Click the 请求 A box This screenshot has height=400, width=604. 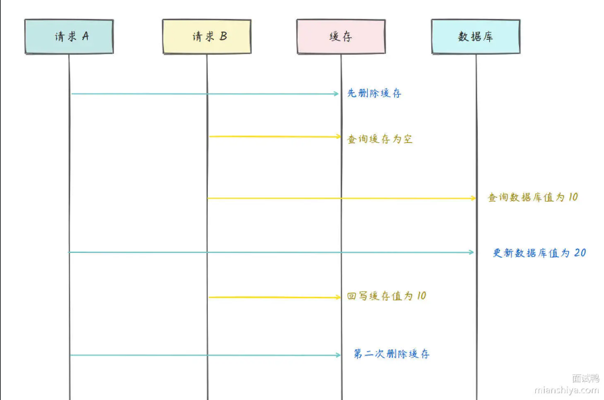69,36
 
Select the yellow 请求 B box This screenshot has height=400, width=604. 207,36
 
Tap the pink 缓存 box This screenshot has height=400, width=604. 341,36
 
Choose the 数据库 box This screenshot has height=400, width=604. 476,36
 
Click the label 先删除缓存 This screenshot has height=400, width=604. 375,94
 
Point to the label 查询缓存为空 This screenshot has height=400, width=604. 380,140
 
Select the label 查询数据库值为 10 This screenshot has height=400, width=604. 532,198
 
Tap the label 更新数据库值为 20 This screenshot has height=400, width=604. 539,253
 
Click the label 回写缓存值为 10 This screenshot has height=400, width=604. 387,296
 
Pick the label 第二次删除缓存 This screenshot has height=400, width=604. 391,354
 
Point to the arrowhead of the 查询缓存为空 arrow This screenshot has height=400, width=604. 339,137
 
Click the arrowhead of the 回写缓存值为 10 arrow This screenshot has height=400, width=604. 339,297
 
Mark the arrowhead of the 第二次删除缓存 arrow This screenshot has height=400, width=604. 338,355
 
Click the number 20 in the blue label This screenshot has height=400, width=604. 580,253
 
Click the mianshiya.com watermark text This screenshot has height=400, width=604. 566,390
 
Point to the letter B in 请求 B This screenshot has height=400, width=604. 223,36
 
